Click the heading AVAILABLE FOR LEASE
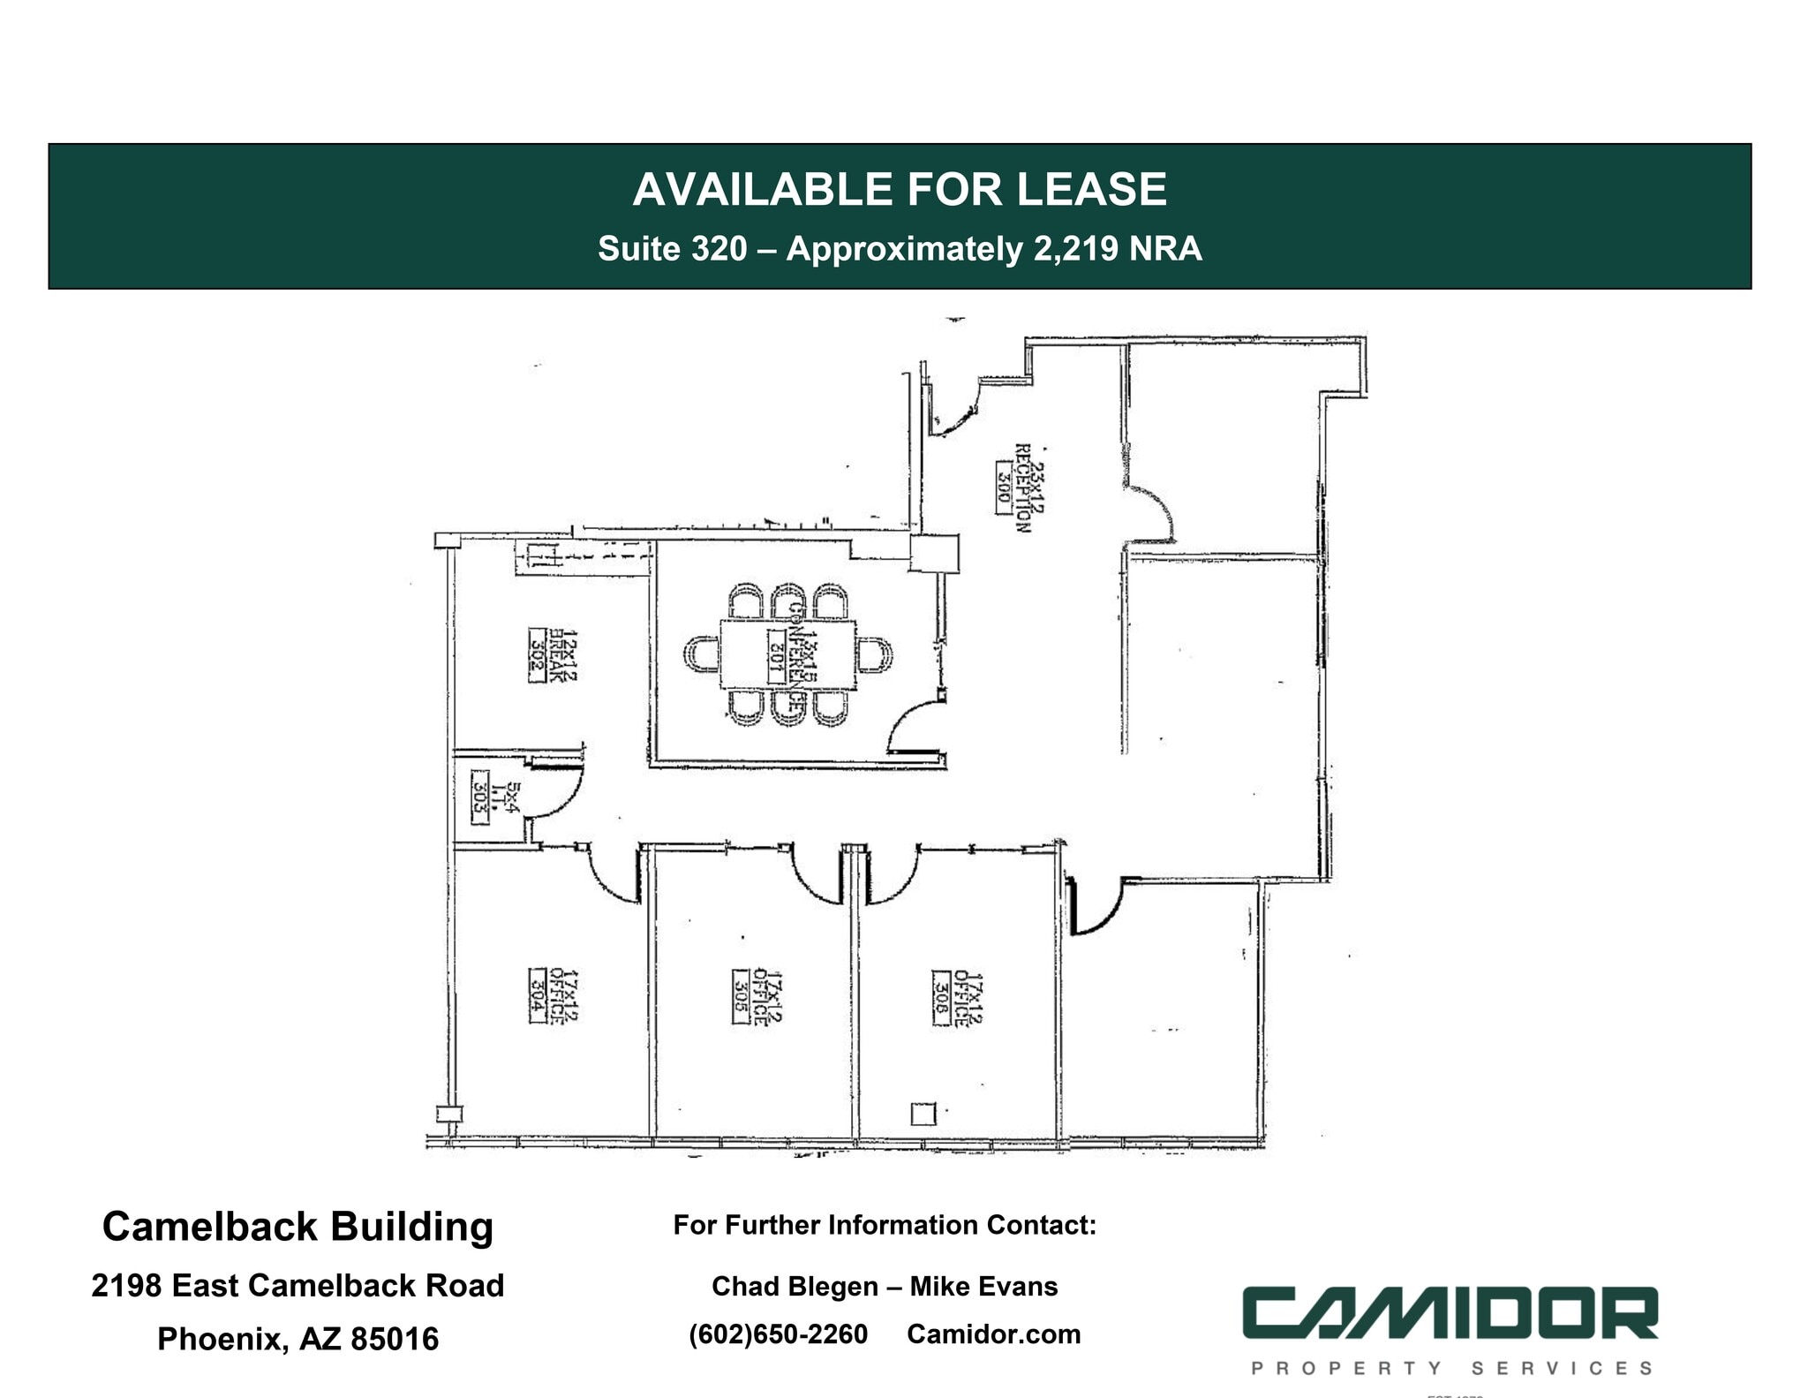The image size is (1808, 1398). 900,190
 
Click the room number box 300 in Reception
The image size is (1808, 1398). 1003,482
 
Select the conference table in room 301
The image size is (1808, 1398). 788,654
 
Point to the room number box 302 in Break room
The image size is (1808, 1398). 536,654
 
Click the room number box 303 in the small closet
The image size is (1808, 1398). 479,797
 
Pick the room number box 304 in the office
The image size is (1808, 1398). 536,997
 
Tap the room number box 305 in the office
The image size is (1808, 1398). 740,997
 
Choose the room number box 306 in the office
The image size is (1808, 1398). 940,998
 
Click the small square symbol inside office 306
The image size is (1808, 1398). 923,1114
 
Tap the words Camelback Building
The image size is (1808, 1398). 298,1227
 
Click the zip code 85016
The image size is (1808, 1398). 395,1339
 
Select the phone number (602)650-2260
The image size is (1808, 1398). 778,1334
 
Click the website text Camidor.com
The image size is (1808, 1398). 993,1334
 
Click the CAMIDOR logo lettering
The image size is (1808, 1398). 1450,1313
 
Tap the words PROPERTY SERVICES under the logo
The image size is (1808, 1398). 1451,1368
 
